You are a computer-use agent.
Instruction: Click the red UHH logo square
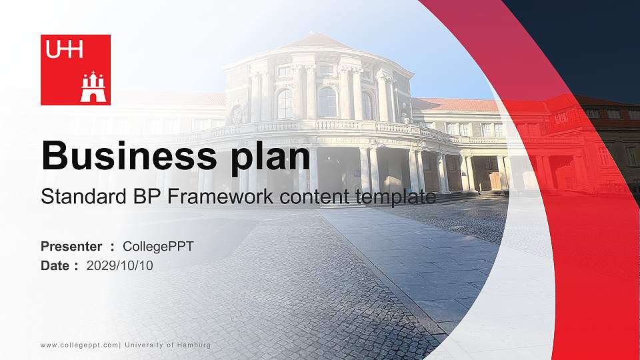point(75,70)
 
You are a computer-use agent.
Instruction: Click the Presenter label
point(71,247)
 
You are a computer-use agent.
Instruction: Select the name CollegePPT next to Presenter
point(159,247)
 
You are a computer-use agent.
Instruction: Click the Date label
point(55,265)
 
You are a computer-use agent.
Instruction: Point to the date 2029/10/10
point(120,265)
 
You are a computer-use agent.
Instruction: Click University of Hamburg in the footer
point(167,345)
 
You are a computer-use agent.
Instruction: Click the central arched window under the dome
point(327,103)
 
